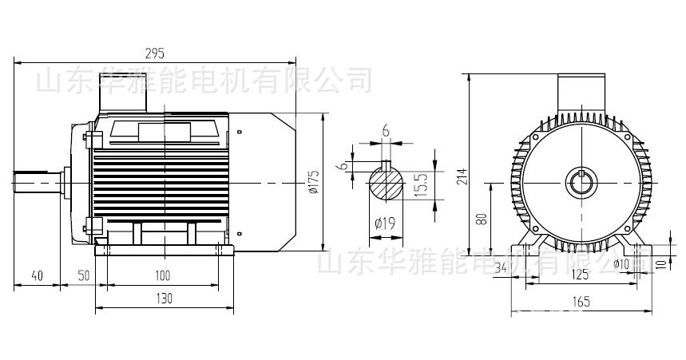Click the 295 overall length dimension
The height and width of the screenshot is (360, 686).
[155, 53]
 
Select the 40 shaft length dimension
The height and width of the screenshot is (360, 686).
[37, 275]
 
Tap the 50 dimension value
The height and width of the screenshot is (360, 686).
[83, 275]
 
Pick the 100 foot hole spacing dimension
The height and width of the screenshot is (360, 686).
[163, 275]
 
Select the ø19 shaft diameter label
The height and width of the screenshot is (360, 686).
[384, 224]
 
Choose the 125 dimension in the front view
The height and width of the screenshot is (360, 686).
[580, 275]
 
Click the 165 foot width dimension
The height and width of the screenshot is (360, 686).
[581, 301]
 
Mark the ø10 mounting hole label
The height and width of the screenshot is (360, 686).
[622, 263]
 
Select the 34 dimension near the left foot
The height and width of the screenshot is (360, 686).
[502, 267]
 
